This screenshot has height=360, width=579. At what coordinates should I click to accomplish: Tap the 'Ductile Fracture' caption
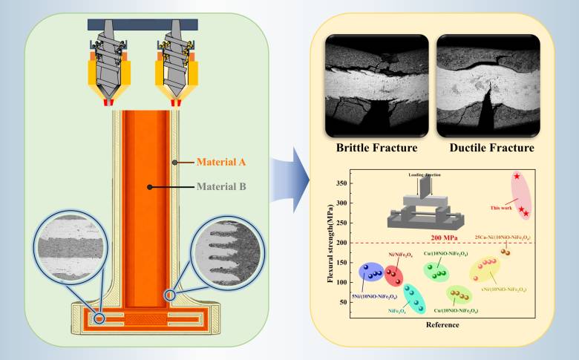tap(486, 148)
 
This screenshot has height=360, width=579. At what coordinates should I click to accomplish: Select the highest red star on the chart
tap(517, 176)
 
